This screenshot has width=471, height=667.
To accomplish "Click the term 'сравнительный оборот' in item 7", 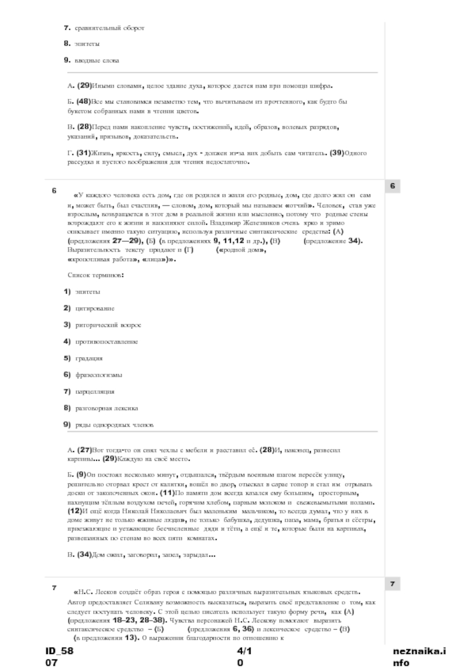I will pyautogui.click(x=109, y=28).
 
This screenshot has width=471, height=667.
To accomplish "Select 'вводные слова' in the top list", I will pyautogui.click(x=96, y=60).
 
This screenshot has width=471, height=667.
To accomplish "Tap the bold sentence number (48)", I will pyautogui.click(x=83, y=101).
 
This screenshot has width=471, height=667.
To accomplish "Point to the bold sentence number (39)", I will pyautogui.click(x=336, y=153).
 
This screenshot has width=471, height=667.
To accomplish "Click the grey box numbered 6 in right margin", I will pyautogui.click(x=393, y=186).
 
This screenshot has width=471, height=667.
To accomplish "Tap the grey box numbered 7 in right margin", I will pyautogui.click(x=393, y=583).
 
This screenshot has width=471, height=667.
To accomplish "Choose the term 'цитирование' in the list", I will pyautogui.click(x=95, y=308).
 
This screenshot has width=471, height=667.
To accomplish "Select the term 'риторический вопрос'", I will pyautogui.click(x=108, y=325).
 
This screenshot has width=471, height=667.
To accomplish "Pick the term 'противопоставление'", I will pyautogui.click(x=107, y=341).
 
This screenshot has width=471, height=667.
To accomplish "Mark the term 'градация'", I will pyautogui.click(x=89, y=358).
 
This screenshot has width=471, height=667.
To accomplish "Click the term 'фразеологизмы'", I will pyautogui.click(x=98, y=375).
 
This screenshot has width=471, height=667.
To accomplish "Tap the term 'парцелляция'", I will pyautogui.click(x=94, y=391).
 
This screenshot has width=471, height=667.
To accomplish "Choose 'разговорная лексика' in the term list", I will pyautogui.click(x=107, y=408).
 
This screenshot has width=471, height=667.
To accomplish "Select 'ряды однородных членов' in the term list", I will pyautogui.click(x=114, y=425).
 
